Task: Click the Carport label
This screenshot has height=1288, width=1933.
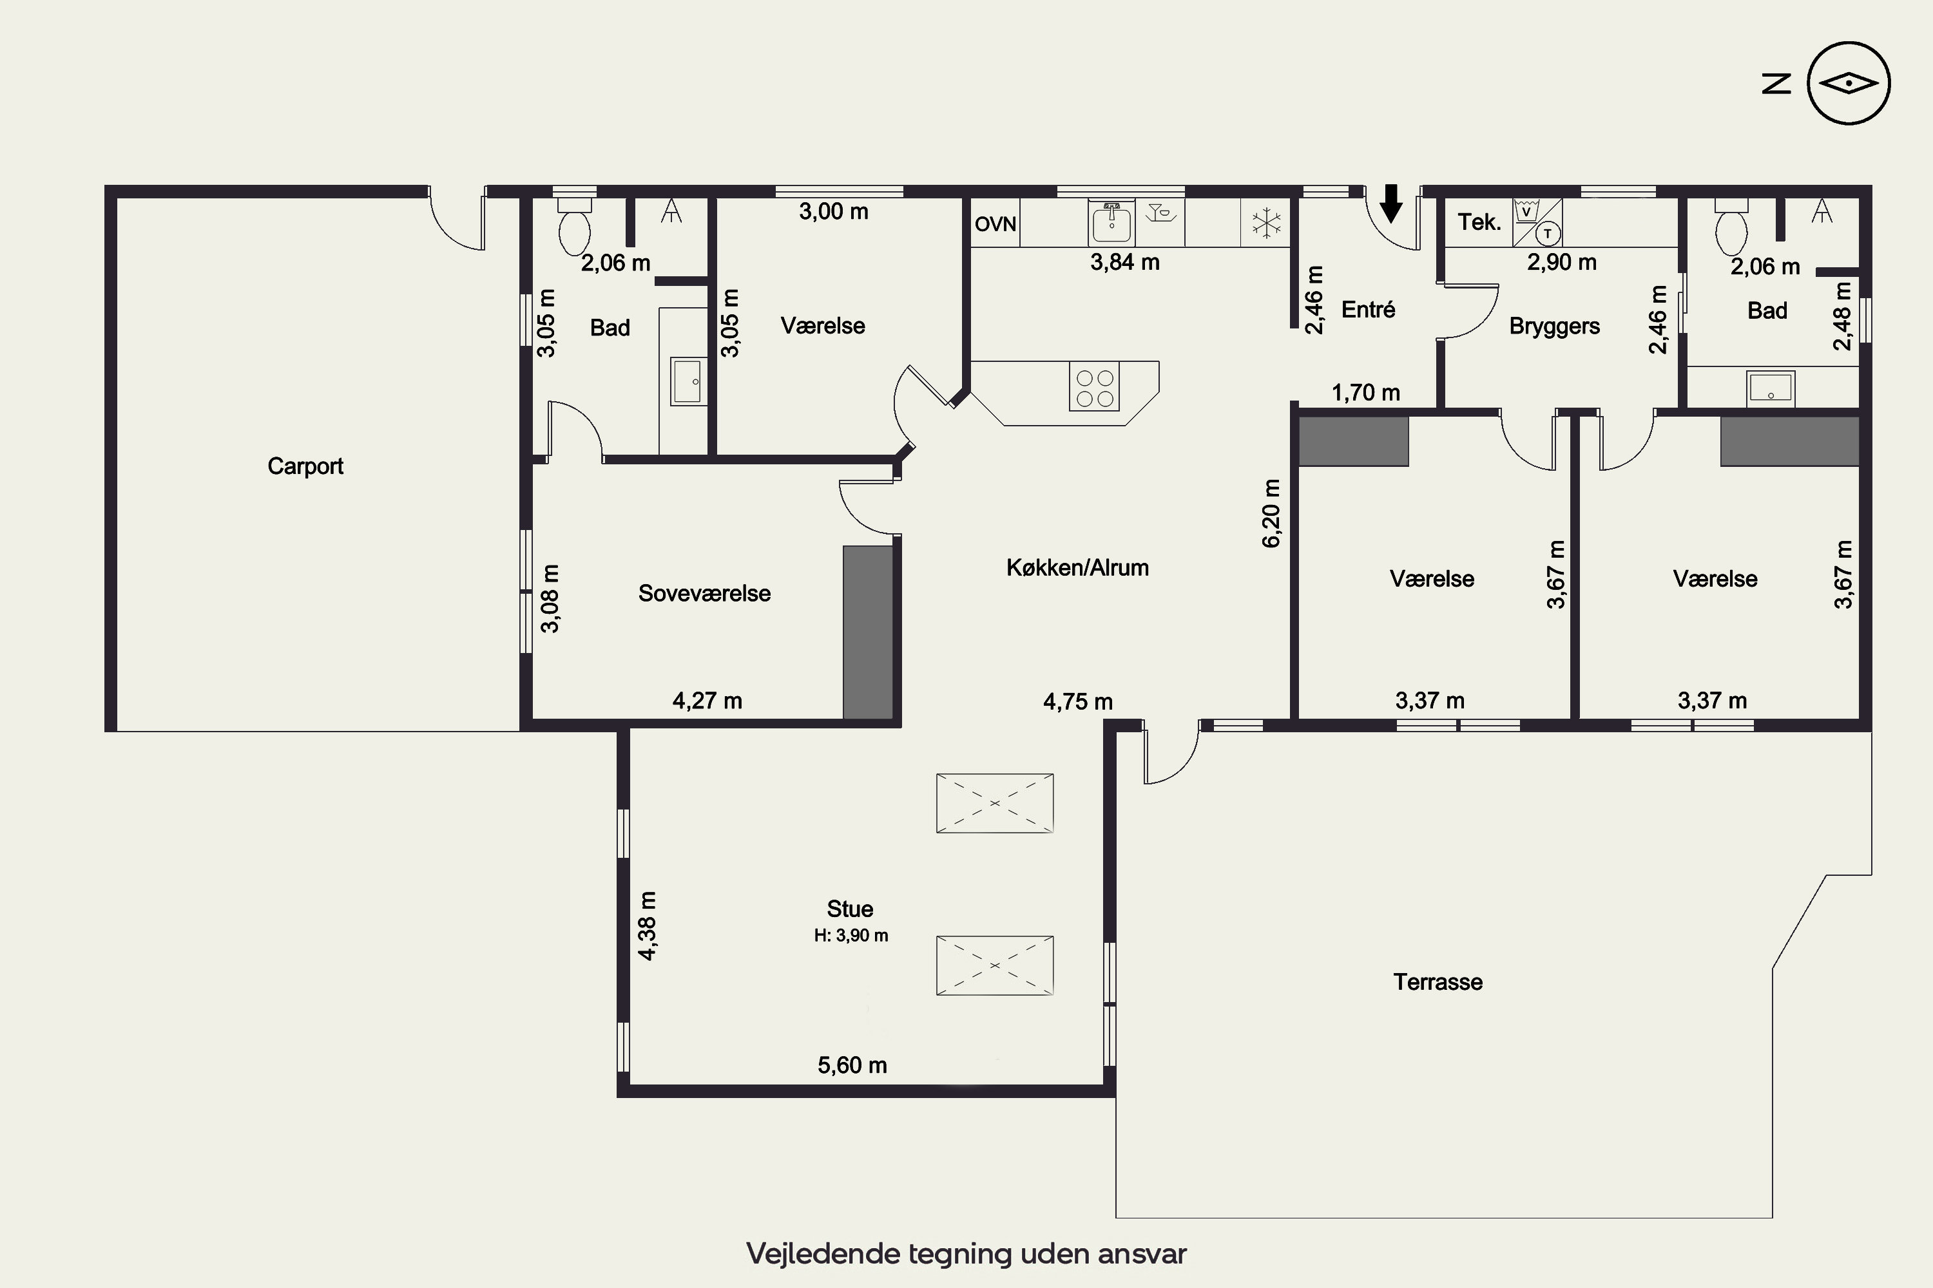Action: [305, 466]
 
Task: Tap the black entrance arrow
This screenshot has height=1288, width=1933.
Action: [1390, 203]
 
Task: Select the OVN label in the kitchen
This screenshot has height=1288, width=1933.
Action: [995, 224]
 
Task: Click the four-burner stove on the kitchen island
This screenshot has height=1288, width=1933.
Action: [1095, 388]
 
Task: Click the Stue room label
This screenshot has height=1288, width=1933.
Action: [850, 909]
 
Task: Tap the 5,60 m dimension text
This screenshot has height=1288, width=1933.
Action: [852, 1065]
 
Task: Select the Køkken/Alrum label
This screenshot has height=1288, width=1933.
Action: [1077, 567]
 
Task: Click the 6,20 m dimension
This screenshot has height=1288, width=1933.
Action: [1271, 513]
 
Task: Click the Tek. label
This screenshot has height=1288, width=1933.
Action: [1479, 222]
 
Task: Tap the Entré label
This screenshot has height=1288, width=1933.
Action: [1369, 310]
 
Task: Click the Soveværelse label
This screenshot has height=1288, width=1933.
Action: [704, 594]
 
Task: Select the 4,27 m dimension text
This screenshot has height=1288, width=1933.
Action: [707, 701]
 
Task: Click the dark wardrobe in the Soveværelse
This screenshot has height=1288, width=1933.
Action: [868, 632]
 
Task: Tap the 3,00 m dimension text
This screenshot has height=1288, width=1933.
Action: [833, 212]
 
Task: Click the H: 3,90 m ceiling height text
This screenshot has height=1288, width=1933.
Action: [851, 936]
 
